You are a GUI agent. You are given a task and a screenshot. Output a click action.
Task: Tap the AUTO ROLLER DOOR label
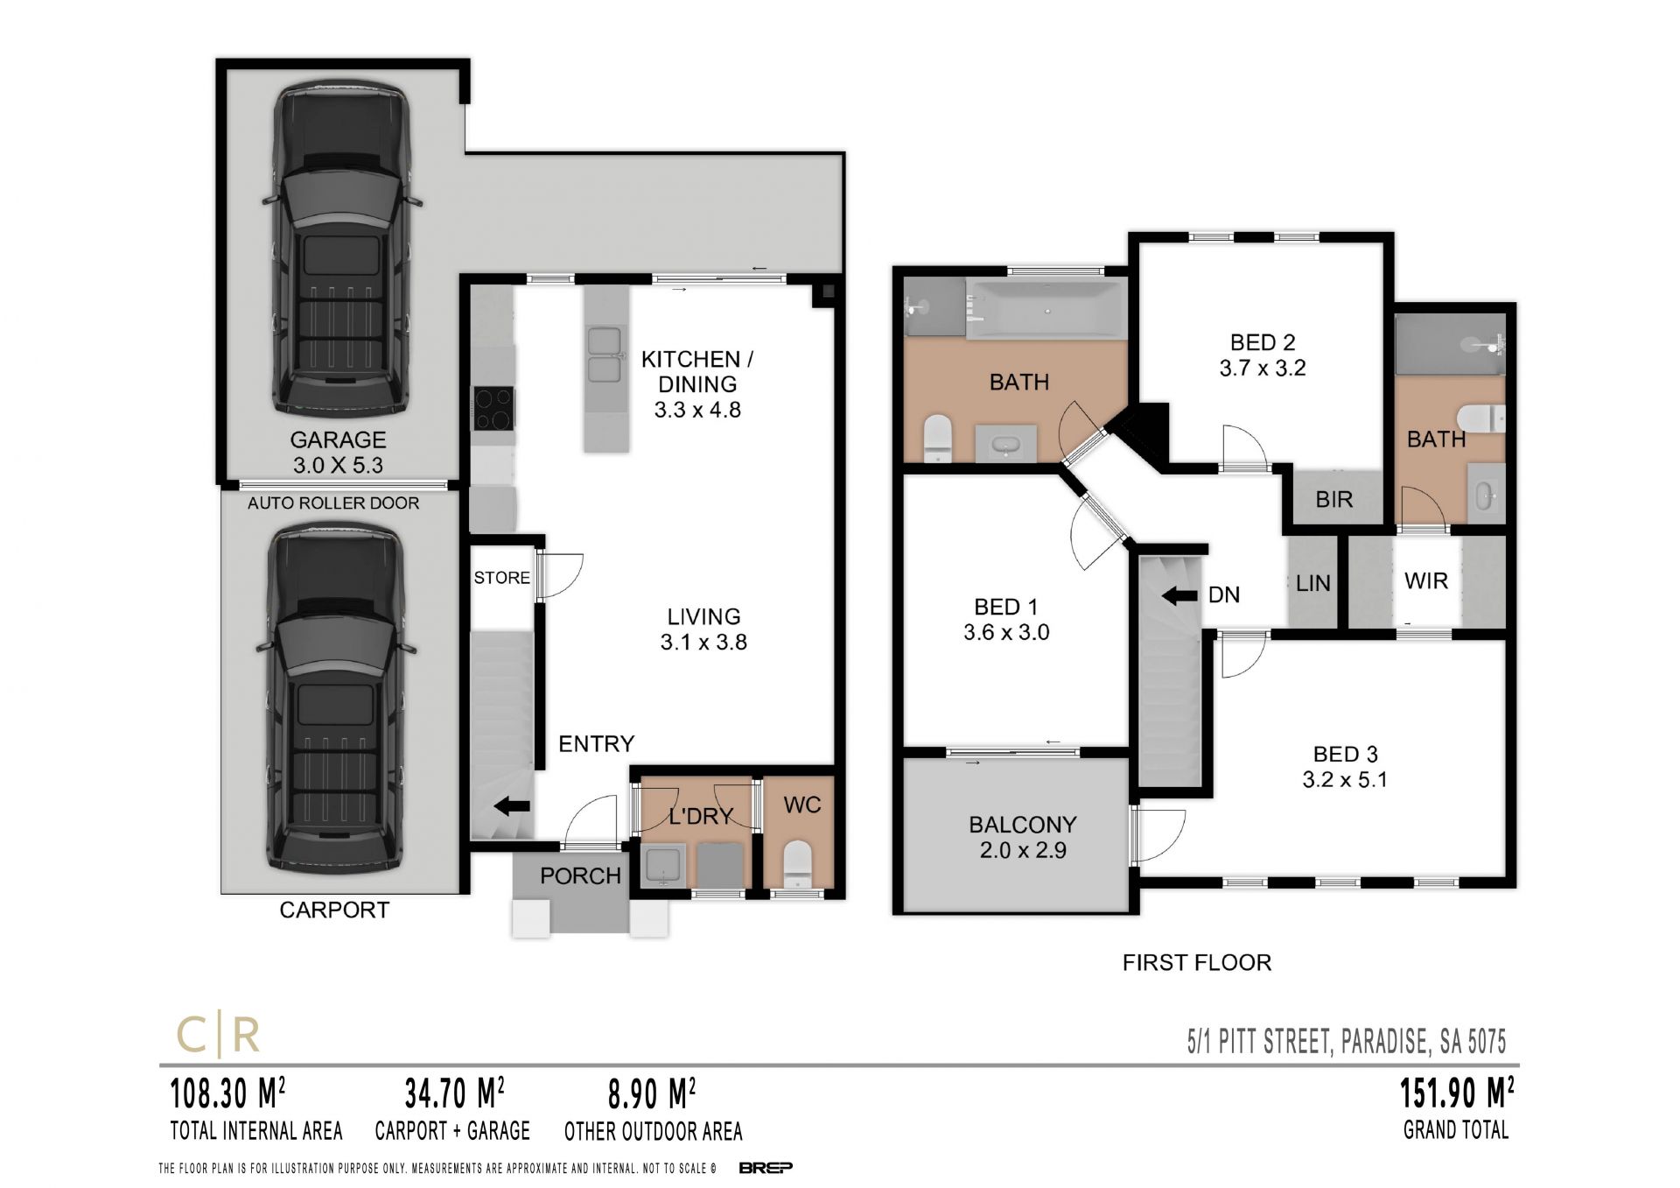pos(333,503)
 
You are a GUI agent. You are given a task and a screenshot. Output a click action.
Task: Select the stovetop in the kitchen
pos(493,409)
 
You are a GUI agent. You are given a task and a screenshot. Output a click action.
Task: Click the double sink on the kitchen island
pos(605,355)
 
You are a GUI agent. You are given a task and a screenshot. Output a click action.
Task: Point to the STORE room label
pos(501,578)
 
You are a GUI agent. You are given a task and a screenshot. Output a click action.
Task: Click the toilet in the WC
pos(797,861)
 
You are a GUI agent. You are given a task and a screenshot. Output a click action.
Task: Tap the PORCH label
pos(580,875)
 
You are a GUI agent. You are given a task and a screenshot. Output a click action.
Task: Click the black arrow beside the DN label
pos(1179,596)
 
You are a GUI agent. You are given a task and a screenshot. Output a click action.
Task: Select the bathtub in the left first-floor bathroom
pos(1046,310)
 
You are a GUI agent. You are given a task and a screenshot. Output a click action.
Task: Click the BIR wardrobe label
pos(1333,500)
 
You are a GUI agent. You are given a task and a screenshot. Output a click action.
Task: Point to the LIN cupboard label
pos(1312,584)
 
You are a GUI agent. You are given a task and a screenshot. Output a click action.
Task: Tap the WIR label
pos(1426,580)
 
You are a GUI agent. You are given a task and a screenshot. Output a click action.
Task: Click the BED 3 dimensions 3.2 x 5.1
pos(1345,779)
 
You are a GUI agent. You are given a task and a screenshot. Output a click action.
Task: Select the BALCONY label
pos(1023,825)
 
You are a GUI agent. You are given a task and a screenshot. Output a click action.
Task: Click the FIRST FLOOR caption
pos(1197,963)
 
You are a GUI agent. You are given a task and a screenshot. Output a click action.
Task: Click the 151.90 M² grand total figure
pos(1457,1093)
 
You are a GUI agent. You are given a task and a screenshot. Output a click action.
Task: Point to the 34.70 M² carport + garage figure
pos(454,1093)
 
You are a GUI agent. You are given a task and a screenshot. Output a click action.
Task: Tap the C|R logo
pos(219,1036)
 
